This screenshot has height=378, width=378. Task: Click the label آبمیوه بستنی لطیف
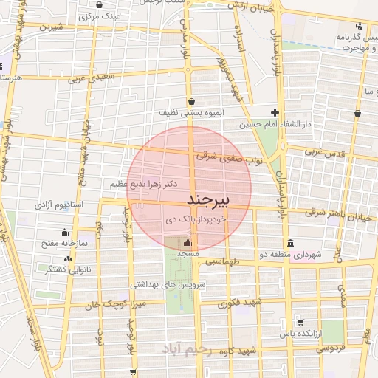click(190, 114)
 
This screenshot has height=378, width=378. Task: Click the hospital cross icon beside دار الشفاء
click(275, 112)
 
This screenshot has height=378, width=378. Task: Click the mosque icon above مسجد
click(188, 241)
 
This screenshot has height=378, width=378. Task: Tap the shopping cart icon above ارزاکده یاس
click(300, 322)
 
